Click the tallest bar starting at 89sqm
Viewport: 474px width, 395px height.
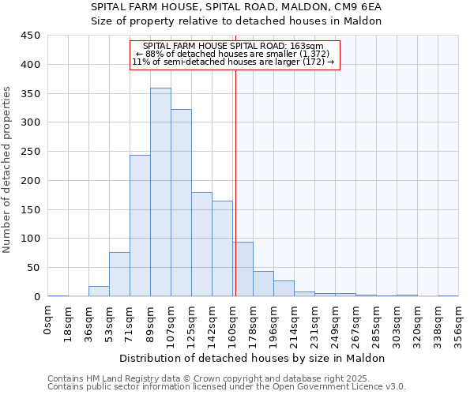pyautogui.click(x=160, y=192)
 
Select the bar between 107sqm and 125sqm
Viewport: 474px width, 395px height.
pyautogui.click(x=181, y=203)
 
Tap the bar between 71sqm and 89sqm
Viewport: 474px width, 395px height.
pyautogui.click(x=140, y=225)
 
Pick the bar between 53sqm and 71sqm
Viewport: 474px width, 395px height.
pyautogui.click(x=119, y=274)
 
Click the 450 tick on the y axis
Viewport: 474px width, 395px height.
pyautogui.click(x=31, y=36)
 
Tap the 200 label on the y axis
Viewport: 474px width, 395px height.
pyautogui.click(x=31, y=180)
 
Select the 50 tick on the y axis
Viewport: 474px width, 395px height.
pyautogui.click(x=34, y=268)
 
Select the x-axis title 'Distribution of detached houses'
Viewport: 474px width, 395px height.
pyautogui.click(x=253, y=358)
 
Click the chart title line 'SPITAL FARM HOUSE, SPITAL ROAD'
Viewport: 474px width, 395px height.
pyautogui.click(x=236, y=6)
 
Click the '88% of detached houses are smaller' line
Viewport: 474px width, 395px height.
pyautogui.click(x=234, y=54)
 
